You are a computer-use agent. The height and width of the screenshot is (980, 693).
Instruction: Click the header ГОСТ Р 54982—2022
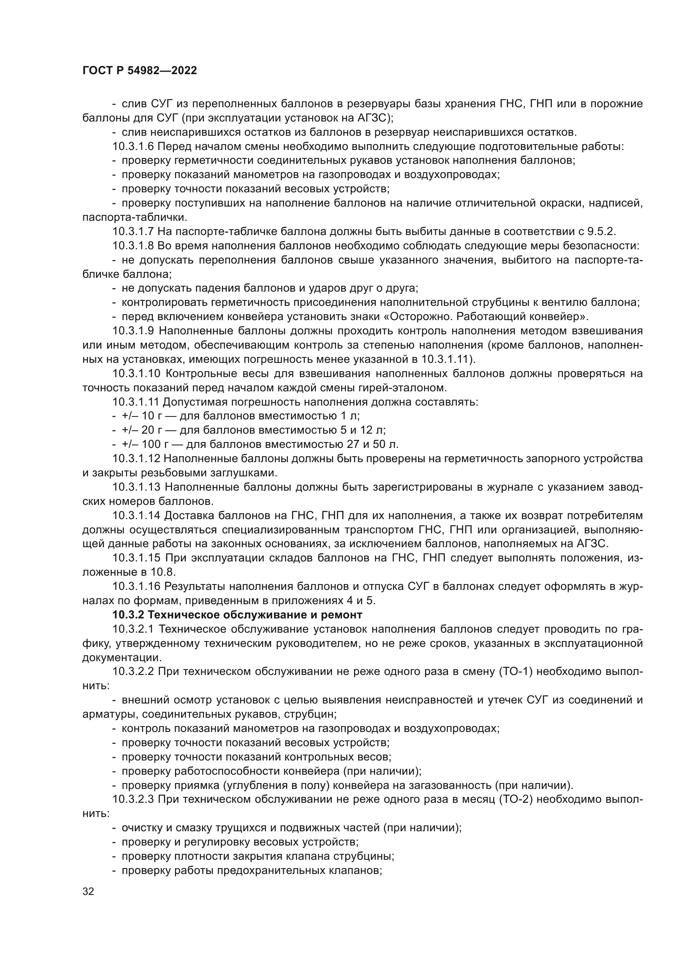[140, 71]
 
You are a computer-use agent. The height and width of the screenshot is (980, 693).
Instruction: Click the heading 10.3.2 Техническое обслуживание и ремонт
[237, 615]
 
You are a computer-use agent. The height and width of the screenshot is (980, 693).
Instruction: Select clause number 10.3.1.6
[133, 146]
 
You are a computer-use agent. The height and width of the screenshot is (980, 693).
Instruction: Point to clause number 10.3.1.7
[133, 232]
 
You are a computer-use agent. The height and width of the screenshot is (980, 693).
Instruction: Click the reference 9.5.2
[601, 232]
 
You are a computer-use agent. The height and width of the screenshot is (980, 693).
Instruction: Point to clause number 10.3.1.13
[136, 487]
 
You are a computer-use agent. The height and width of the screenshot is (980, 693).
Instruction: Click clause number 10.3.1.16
[136, 587]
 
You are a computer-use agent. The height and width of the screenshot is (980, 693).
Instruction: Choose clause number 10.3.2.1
[133, 630]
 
